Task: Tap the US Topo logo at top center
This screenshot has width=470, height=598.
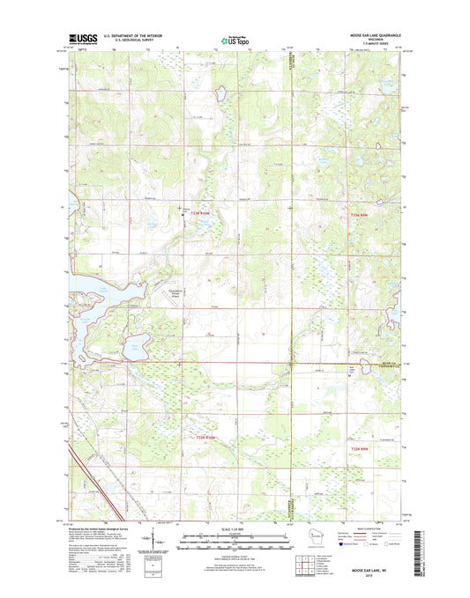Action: [x=235, y=39]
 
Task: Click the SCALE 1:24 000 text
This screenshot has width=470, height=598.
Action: [x=235, y=529]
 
